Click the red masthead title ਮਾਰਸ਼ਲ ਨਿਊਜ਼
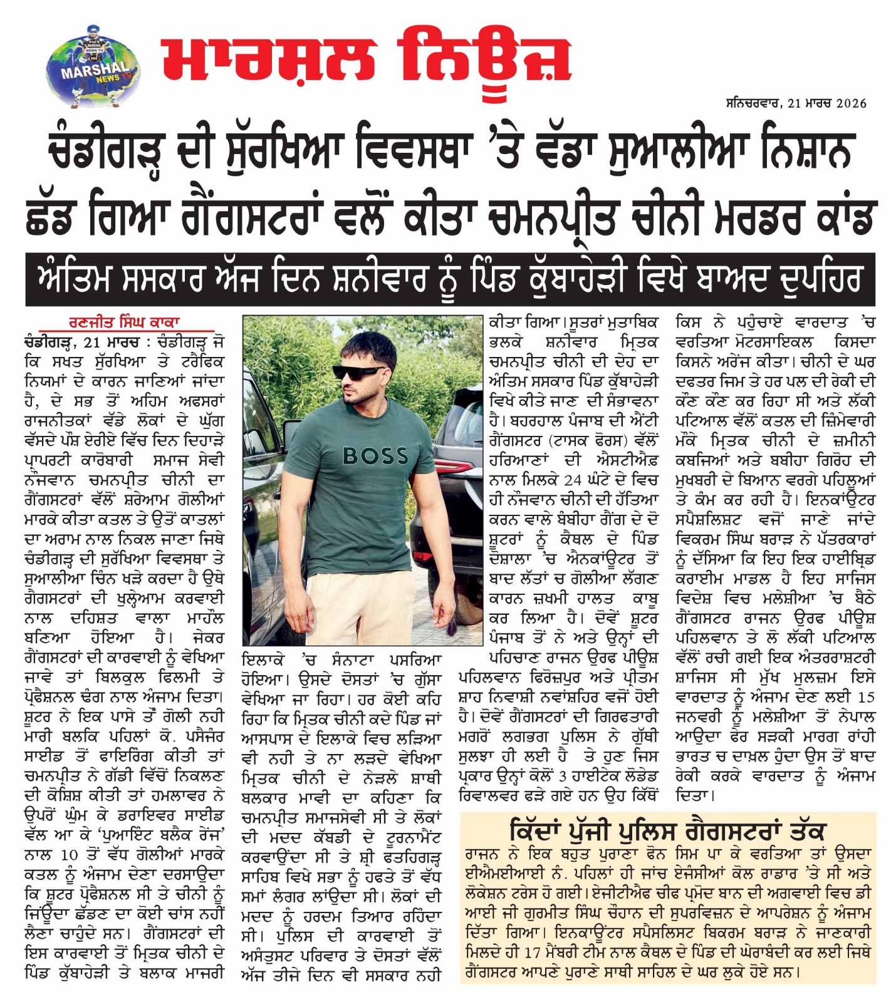pyautogui.click(x=365, y=60)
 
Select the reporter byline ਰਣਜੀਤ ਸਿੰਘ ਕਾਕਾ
pyautogui.click(x=125, y=323)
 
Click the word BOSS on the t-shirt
pyautogui.click(x=375, y=456)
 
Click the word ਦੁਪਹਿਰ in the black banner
pyautogui.click(x=820, y=279)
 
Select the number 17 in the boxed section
pyautogui.click(x=532, y=953)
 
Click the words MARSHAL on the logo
pyautogui.click(x=94, y=71)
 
